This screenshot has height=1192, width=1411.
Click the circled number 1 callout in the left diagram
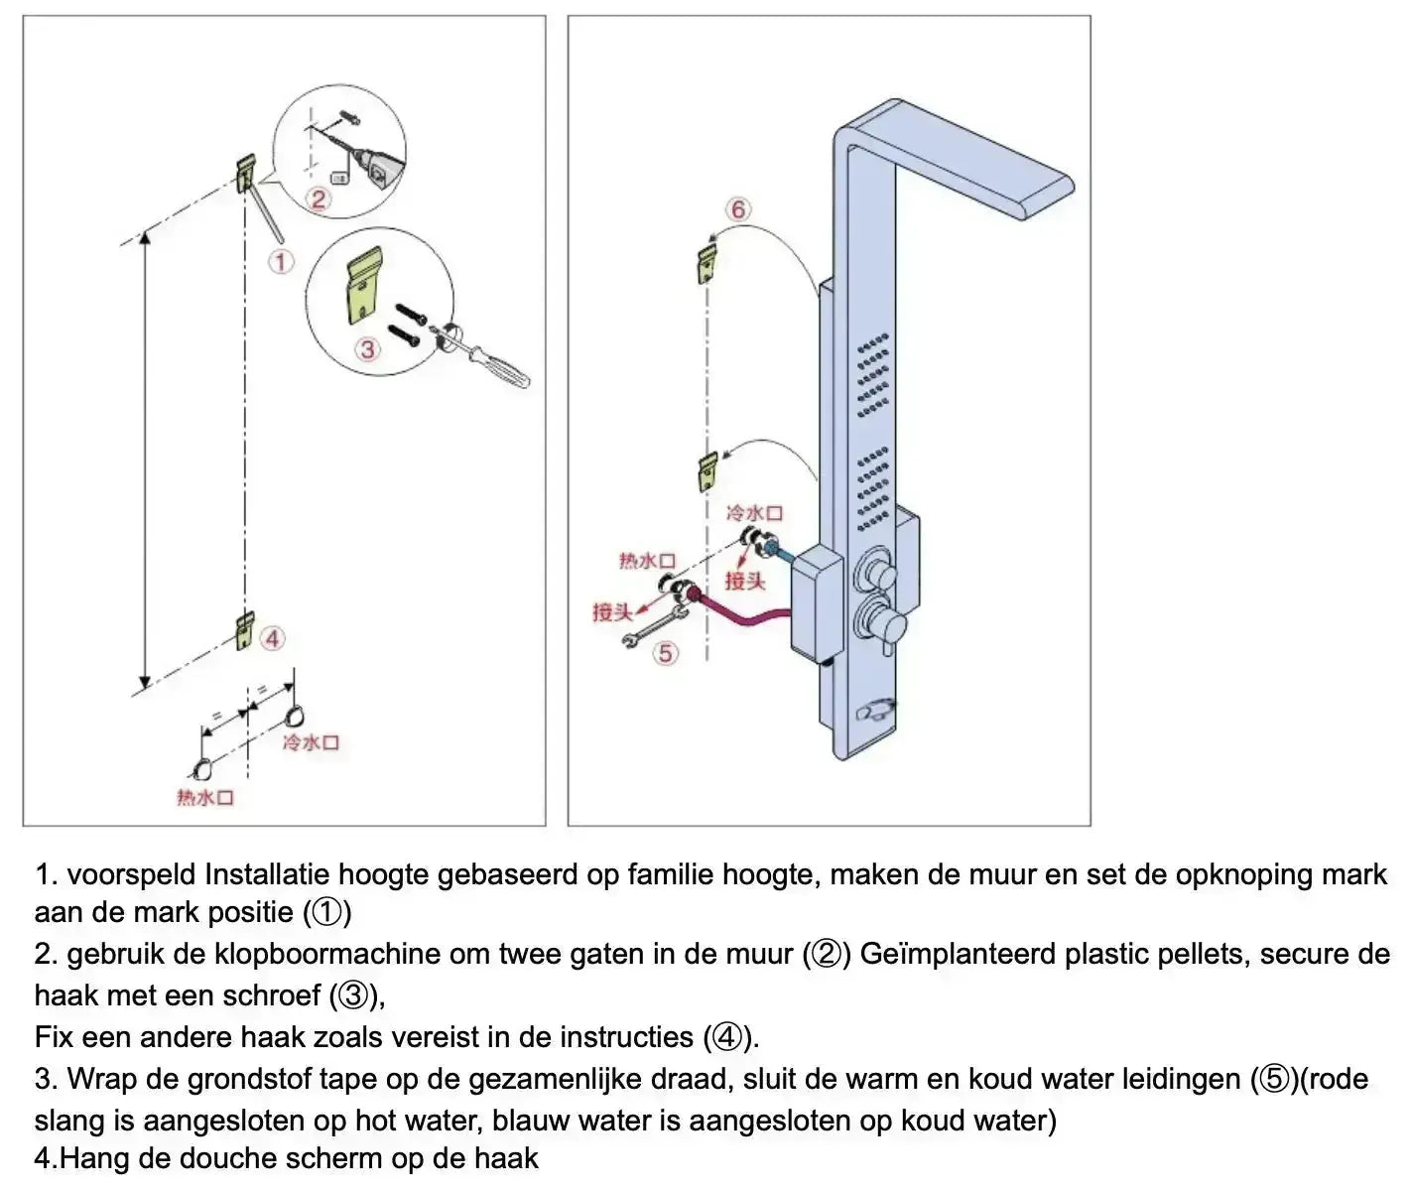coord(283,262)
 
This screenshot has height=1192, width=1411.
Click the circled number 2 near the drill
coord(318,199)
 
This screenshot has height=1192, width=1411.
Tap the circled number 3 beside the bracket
coord(368,349)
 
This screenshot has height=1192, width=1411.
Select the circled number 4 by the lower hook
coord(273,638)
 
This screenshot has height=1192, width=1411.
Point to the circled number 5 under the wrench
coord(666,652)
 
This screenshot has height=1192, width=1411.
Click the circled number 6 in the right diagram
coord(737,210)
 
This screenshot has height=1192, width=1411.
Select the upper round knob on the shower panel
coord(877,570)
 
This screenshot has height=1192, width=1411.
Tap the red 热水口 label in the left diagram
coord(205,798)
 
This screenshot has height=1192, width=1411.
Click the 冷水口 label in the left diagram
coord(312,743)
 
